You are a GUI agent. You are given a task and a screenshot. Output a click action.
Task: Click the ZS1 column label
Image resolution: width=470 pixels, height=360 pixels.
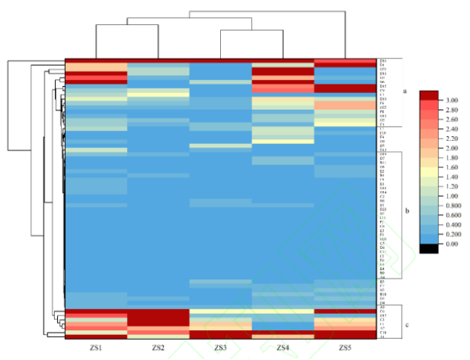point(96,346)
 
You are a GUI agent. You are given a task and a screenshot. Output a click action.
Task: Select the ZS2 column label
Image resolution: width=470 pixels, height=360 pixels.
point(158,346)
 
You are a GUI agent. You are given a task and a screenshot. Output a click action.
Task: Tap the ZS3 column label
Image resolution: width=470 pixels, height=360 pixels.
point(220,346)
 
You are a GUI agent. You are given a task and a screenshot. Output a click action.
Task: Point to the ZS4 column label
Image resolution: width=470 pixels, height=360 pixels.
point(283,346)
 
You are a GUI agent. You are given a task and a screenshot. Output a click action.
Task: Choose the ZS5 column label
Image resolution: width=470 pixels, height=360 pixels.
point(345,346)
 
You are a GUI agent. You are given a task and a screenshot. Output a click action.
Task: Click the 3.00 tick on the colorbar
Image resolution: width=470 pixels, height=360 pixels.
point(453,100)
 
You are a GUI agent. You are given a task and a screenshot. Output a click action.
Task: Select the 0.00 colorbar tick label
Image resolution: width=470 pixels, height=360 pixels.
point(453,244)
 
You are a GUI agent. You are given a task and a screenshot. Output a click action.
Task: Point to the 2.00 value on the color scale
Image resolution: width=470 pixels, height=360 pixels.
point(453,148)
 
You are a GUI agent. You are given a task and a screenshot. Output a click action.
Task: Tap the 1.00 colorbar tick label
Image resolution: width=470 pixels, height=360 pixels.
point(453,196)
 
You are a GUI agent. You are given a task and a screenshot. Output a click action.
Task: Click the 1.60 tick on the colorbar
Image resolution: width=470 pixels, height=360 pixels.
point(453,167)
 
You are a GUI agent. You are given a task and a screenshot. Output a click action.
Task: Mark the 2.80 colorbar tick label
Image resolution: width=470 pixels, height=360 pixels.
point(453,110)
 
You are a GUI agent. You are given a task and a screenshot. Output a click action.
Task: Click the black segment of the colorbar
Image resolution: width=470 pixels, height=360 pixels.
point(428,248)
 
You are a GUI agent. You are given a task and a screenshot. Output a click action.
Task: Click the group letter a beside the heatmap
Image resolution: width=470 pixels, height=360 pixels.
point(405,92)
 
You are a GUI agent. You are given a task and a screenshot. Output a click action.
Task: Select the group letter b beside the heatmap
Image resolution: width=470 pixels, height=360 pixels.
point(407,211)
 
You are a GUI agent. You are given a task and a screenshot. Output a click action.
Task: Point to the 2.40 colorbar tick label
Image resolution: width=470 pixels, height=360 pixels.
point(453,129)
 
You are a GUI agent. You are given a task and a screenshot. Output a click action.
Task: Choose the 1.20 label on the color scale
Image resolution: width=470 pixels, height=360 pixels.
point(453,186)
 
